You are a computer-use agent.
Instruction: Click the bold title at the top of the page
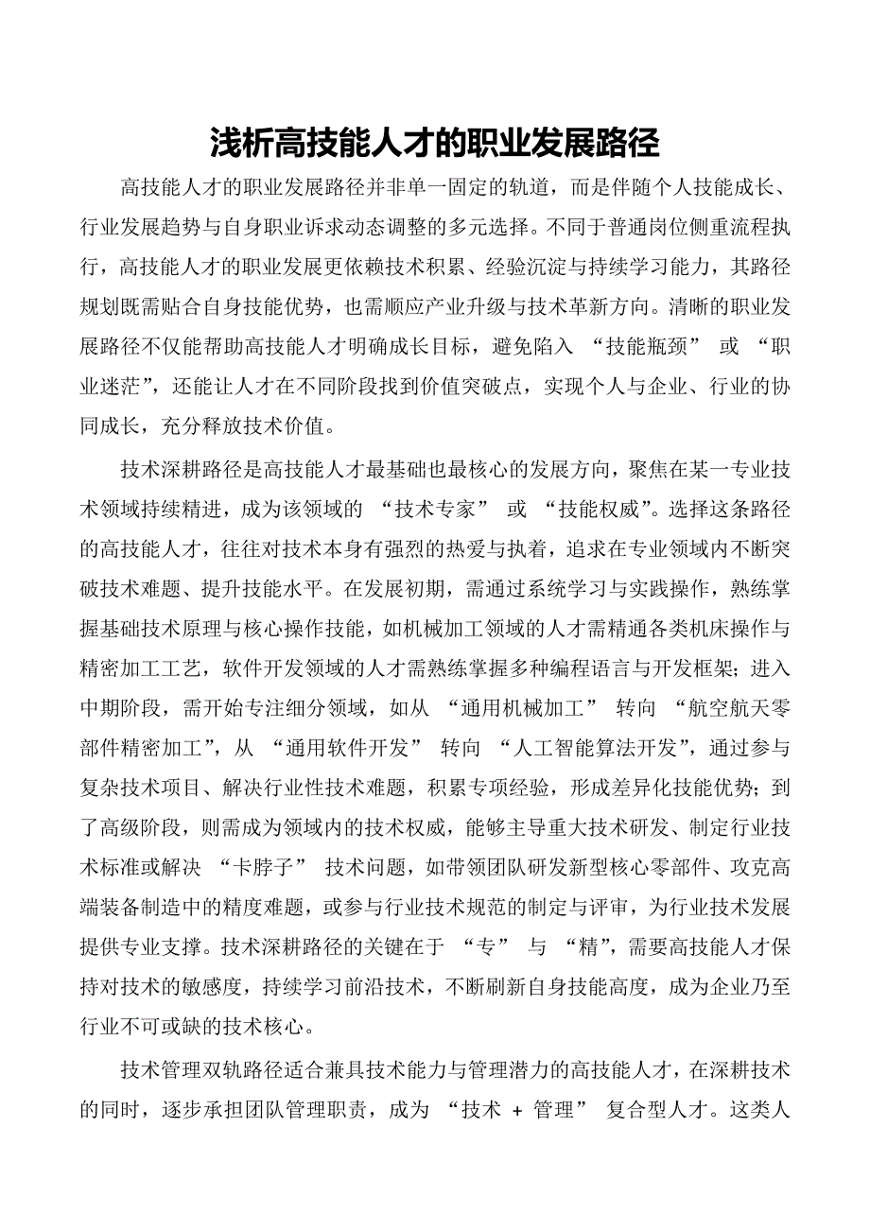434,144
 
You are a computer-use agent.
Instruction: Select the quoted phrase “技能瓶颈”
642,346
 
